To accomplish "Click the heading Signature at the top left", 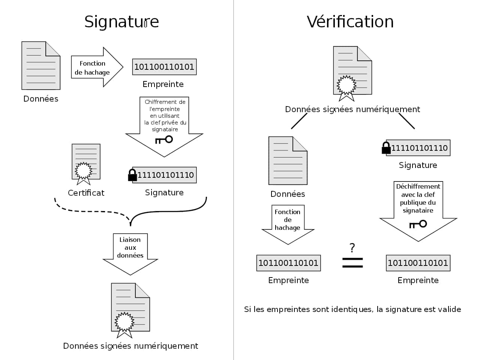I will coord(121,21).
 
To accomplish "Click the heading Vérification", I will coord(350,21).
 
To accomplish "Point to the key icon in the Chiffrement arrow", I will coord(164,140).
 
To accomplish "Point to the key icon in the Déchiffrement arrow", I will coord(418,224).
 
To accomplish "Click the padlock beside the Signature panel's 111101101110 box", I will coord(132,175).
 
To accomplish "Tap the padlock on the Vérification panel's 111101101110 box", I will coord(386,148).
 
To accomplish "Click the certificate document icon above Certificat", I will coord(86,163).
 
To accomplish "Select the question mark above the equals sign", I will coord(352,248).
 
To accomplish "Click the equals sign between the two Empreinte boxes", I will coord(352,262).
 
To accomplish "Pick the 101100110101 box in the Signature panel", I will coord(164,67).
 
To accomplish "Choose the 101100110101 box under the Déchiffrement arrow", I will coord(418,263).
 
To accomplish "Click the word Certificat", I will coord(86,193).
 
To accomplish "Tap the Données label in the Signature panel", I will coord(41,99).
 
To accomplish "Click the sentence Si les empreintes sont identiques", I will coord(352,309).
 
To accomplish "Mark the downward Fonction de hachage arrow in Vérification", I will coord(288,223).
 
